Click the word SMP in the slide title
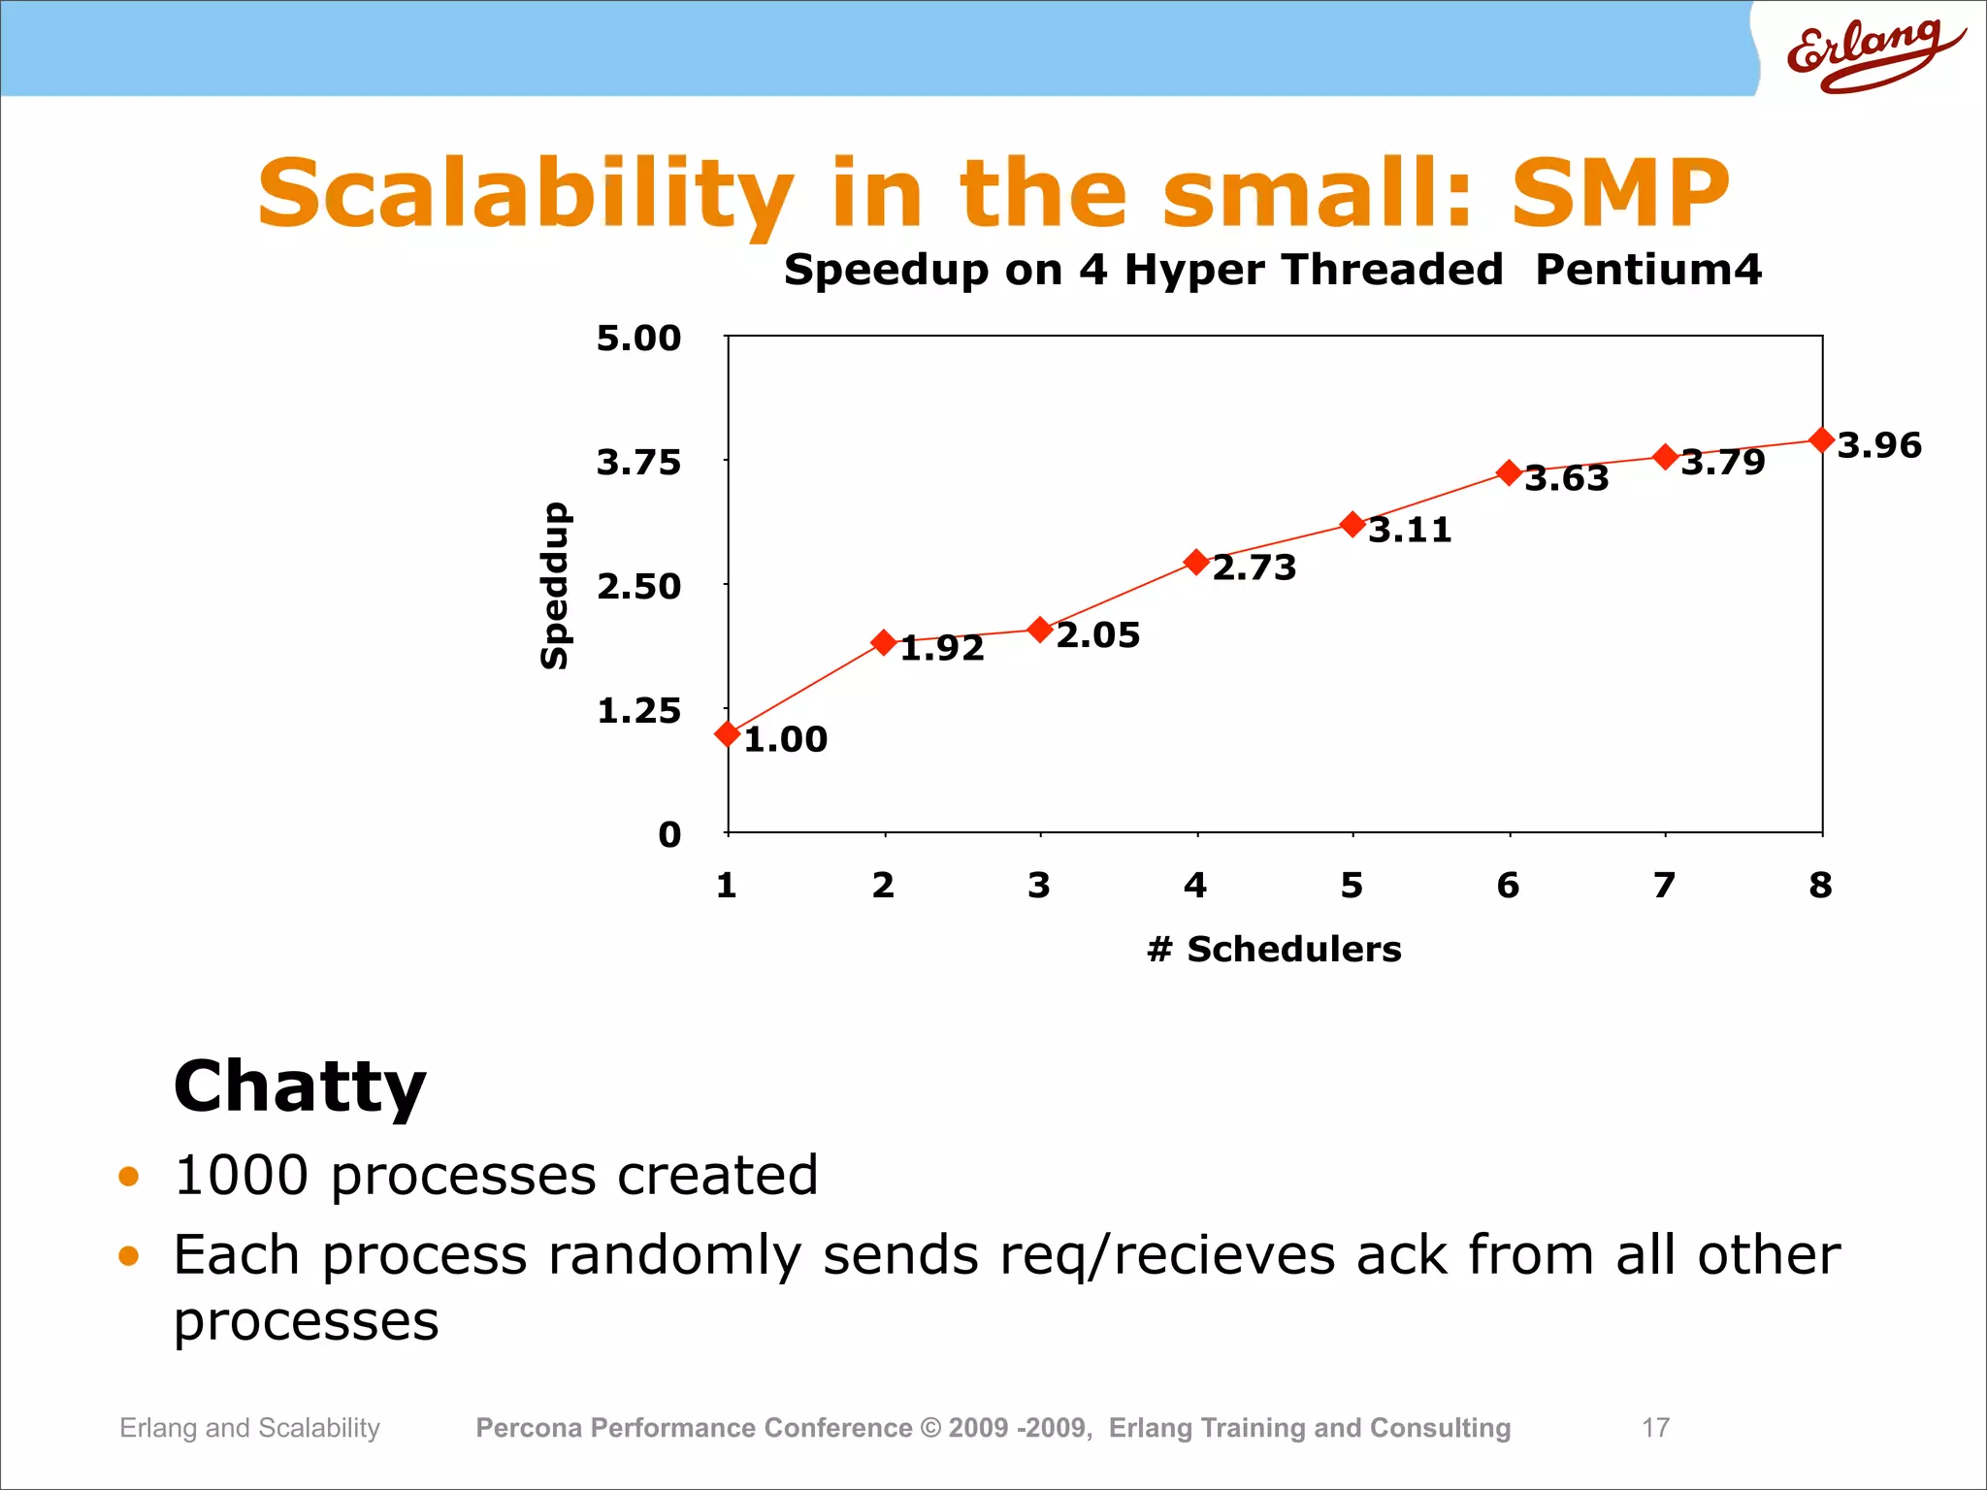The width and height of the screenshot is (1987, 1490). click(1619, 193)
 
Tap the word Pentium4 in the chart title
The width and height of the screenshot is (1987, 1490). click(1647, 269)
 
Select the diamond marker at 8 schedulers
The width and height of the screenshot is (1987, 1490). click(1822, 440)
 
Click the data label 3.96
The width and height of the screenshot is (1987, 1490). click(1879, 445)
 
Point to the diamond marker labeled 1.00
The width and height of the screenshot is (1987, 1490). click(728, 734)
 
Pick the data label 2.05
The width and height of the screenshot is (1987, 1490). click(1098, 635)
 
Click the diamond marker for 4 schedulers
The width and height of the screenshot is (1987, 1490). click(1196, 562)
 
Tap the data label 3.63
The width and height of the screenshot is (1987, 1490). click(1567, 478)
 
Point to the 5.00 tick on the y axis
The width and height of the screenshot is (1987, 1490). click(638, 339)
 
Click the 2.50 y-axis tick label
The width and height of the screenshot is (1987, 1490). click(638, 587)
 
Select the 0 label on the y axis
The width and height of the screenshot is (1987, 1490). click(669, 834)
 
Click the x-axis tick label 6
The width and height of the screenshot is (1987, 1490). click(1508, 885)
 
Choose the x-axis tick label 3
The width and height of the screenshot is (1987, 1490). click(1039, 885)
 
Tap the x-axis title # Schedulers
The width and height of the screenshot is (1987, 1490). click(1274, 949)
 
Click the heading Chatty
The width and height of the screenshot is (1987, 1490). click(300, 1086)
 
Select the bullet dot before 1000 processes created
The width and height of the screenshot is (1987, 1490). click(128, 1177)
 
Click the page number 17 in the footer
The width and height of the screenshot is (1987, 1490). click(1655, 1427)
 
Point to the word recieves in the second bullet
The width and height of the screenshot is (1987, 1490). click(1223, 1254)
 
